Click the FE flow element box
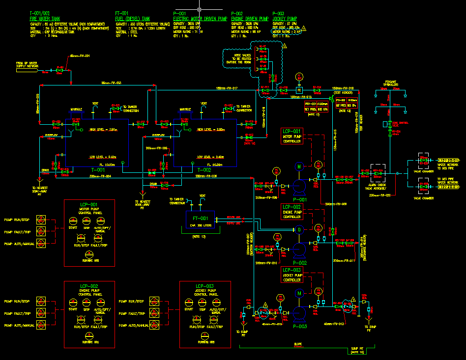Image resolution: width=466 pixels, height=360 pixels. point(299,90)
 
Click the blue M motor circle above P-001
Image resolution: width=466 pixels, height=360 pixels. point(298,166)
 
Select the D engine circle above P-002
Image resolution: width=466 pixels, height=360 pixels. point(298,229)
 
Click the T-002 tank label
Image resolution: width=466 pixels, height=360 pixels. point(204,169)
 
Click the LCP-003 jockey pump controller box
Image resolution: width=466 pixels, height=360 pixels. point(292,275)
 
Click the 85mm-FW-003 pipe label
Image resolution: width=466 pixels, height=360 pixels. point(112,83)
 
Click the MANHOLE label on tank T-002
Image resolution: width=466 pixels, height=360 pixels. point(185,110)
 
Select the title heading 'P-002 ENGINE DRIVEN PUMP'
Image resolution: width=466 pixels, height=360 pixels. point(249,16)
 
